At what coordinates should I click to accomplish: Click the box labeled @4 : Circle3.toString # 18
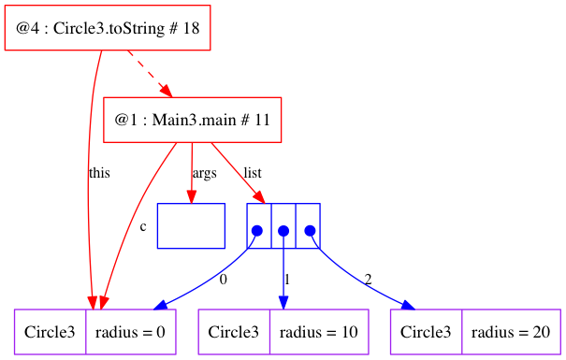(x=108, y=28)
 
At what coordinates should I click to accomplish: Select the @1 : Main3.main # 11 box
(x=192, y=120)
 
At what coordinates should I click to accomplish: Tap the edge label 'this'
(x=99, y=173)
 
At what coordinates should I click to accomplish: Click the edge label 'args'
(x=204, y=173)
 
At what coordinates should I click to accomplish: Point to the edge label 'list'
(x=253, y=173)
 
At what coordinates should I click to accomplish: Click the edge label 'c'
(x=142, y=226)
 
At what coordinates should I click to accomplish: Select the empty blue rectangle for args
(x=191, y=225)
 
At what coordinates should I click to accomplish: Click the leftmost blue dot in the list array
(x=257, y=230)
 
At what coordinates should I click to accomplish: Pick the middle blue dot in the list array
(x=283, y=230)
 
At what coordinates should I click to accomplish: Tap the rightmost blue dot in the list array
(x=308, y=230)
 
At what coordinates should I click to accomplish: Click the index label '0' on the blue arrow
(x=223, y=279)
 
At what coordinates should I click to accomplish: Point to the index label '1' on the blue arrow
(x=286, y=279)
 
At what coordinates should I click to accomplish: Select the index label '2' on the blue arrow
(x=369, y=279)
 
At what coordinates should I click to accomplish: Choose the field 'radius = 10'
(x=319, y=332)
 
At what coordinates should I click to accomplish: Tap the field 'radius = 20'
(x=513, y=332)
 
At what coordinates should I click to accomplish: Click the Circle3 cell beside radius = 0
(x=50, y=332)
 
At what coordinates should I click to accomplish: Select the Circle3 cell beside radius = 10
(x=234, y=332)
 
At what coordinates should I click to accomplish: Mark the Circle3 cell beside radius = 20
(x=428, y=332)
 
